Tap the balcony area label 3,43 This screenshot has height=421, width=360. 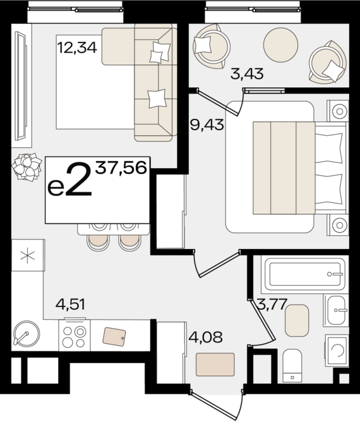[x=246, y=75]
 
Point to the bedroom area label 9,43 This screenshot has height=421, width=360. [x=207, y=125]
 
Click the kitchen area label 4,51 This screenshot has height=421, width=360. [x=70, y=305]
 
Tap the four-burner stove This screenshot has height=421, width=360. [x=75, y=335]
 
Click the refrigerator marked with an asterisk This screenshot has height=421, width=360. [x=27, y=256]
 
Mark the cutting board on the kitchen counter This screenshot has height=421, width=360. [x=114, y=336]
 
